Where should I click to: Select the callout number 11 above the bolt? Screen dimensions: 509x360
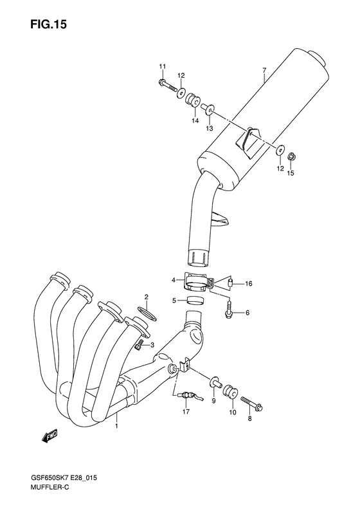click(163, 67)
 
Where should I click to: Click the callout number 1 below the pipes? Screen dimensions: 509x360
click(117, 426)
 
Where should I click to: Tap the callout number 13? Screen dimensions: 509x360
click(209, 129)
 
